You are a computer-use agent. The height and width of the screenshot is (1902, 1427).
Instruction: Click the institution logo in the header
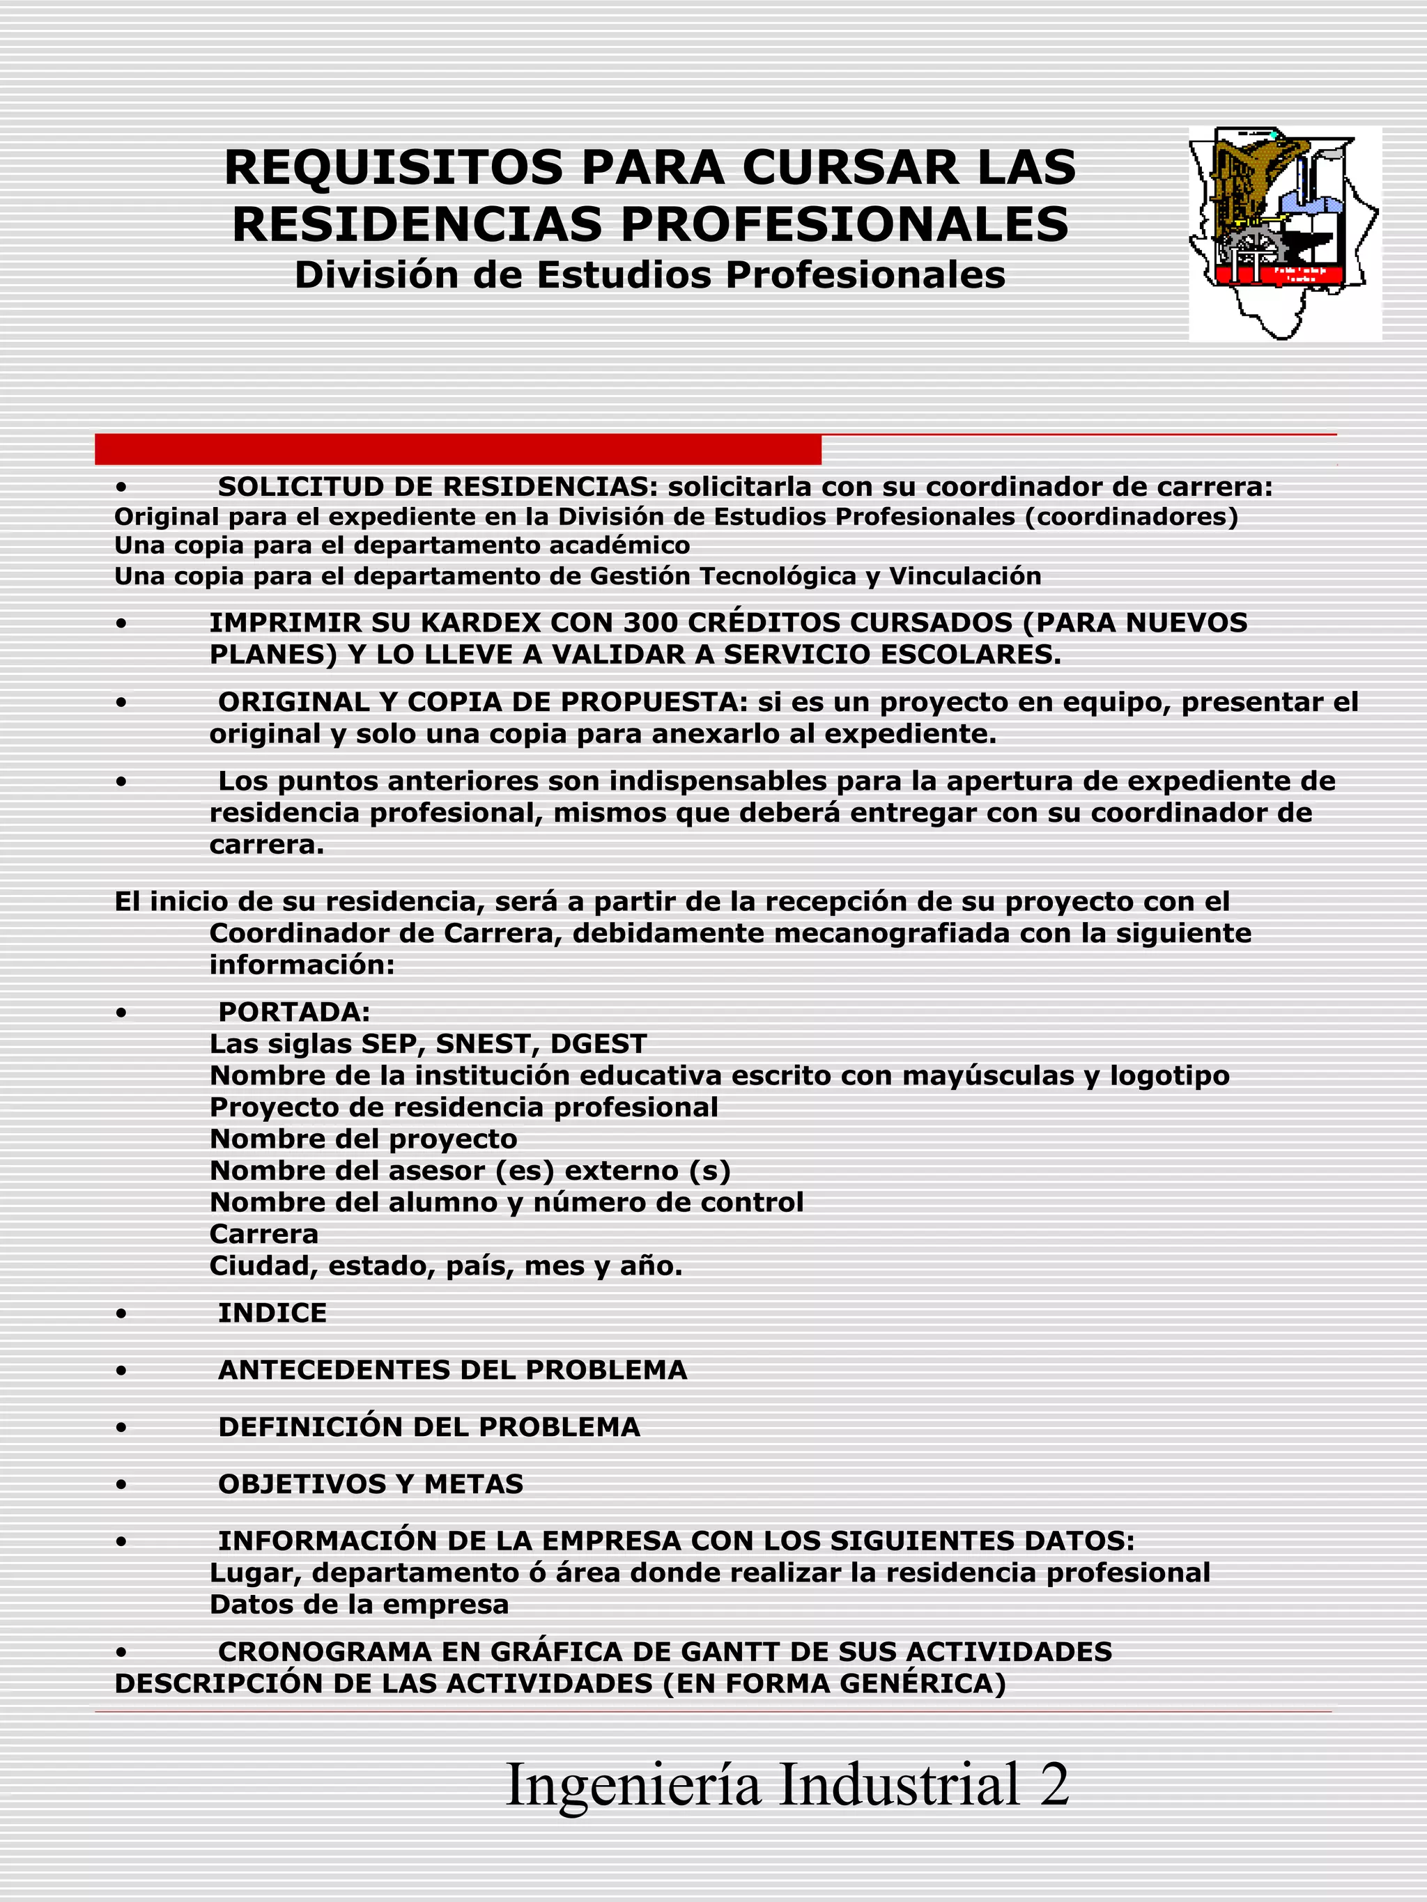pos(1284,233)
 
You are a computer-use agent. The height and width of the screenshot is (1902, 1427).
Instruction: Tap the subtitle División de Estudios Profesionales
pos(649,275)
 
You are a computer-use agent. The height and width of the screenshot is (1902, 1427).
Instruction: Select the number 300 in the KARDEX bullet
pos(652,623)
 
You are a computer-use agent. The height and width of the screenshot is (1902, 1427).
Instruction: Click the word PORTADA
pos(293,1011)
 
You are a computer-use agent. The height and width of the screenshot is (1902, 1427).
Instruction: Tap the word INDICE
pos(272,1313)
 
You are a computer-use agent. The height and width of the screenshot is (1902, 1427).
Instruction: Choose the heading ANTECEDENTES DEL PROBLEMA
pos(452,1370)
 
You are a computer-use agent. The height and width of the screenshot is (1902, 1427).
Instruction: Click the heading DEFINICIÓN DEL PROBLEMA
pos(429,1426)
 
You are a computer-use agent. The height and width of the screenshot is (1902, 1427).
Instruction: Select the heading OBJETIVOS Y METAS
pos(371,1483)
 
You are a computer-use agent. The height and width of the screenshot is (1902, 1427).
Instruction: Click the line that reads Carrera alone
pos(264,1234)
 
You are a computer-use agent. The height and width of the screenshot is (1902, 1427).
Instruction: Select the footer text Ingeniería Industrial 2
pos(787,1784)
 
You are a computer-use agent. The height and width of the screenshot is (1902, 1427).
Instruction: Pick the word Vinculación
pos(964,576)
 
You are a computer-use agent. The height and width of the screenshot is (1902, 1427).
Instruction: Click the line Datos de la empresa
pos(359,1605)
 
